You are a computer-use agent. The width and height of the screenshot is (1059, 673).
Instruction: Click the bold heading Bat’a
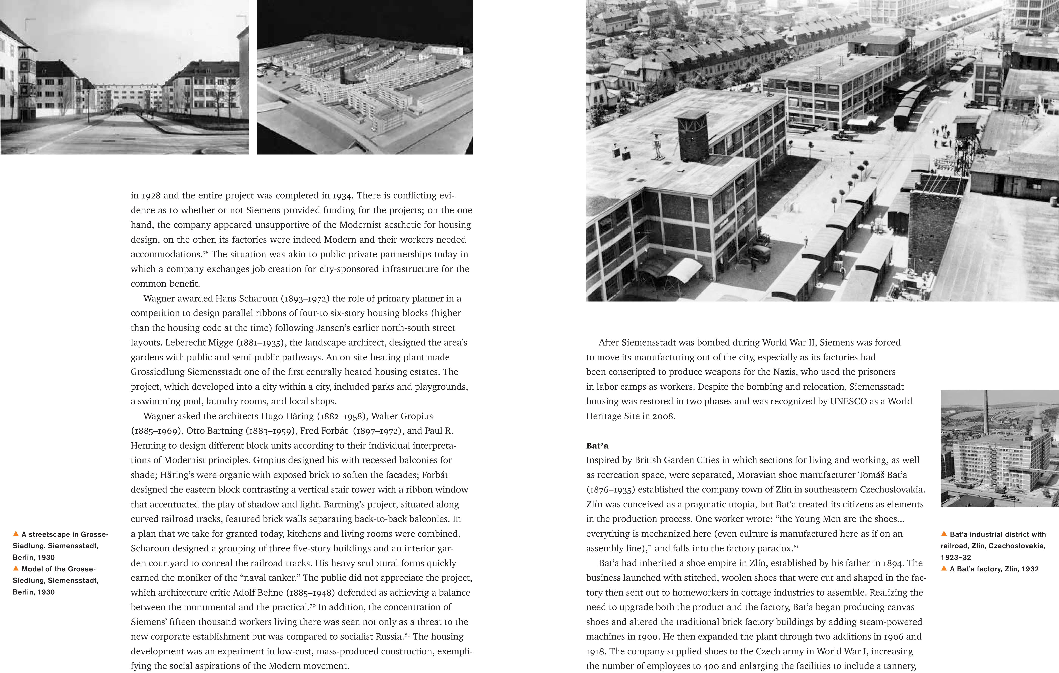[597, 446]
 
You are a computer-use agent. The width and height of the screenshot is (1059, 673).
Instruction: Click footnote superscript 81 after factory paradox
[796, 546]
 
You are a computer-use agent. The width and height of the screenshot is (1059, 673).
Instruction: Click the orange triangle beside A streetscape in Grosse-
[16, 534]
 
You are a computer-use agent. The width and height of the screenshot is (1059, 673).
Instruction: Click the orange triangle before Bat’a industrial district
[944, 534]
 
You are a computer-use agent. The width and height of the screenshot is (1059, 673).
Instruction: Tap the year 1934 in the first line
[344, 196]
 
